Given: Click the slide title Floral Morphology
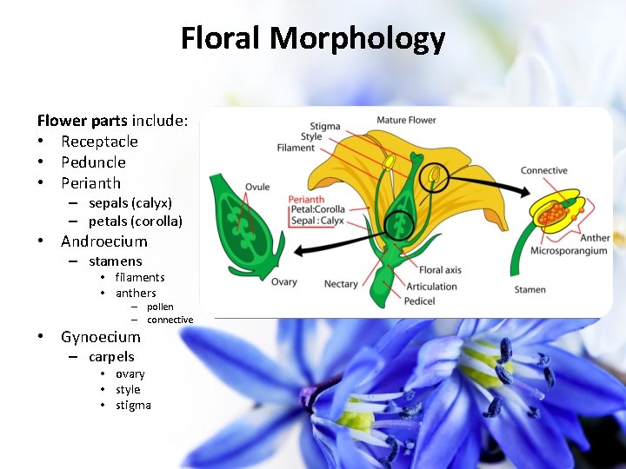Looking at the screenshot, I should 313,39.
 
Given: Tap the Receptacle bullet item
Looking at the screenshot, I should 99,142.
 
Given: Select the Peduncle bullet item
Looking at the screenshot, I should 93,162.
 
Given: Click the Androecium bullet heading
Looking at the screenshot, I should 104,241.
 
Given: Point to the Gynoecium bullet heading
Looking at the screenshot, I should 100,337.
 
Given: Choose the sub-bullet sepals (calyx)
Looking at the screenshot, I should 130,202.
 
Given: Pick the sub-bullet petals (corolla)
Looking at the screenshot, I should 135,221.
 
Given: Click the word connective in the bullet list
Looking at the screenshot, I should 170,320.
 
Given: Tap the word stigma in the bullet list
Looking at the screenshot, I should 133,406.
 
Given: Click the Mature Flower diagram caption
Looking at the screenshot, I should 406,120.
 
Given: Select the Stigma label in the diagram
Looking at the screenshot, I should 325,127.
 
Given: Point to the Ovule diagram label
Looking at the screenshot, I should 257,187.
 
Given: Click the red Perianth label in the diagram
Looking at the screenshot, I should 306,200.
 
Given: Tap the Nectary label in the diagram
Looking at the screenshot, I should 341,284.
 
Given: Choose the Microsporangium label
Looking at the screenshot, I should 569,251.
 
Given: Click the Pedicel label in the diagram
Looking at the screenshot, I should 419,301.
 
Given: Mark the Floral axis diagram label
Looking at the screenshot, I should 440,270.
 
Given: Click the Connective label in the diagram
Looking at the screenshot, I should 544,170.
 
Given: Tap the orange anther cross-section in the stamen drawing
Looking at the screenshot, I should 552,209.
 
